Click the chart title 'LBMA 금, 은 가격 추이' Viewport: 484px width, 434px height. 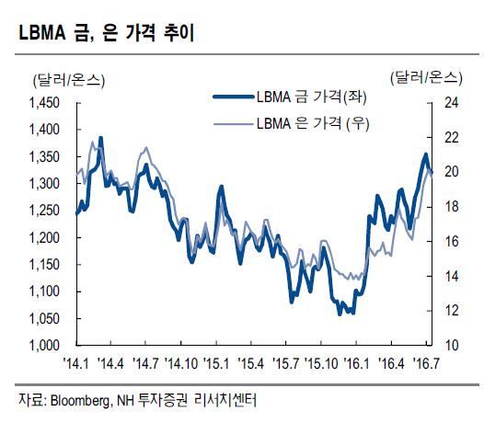pyautogui.click(x=107, y=33)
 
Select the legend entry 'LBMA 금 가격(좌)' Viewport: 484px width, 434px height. pyautogui.click(x=312, y=97)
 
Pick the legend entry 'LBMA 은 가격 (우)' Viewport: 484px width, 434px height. pyautogui.click(x=313, y=124)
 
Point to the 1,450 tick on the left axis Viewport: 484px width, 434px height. pyautogui.click(x=44, y=103)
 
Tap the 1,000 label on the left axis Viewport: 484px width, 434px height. pyautogui.click(x=44, y=345)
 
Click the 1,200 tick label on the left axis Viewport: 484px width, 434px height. pyautogui.click(x=44, y=237)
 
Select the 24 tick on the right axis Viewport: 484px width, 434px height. pyautogui.click(x=451, y=103)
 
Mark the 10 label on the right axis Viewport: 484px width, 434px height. pyautogui.click(x=451, y=345)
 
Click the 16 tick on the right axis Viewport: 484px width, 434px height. pyautogui.click(x=451, y=241)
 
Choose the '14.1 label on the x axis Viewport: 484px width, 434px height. pyautogui.click(x=75, y=364)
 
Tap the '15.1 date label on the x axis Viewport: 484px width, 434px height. pyautogui.click(x=216, y=364)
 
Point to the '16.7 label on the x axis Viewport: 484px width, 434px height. pyautogui.click(x=427, y=364)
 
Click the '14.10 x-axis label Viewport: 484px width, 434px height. pyautogui.click(x=181, y=364)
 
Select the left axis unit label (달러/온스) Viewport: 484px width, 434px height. pyautogui.click(x=69, y=81)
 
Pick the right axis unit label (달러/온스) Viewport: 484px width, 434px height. pyautogui.click(x=426, y=78)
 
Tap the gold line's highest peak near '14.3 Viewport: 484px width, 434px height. pyautogui.click(x=100, y=138)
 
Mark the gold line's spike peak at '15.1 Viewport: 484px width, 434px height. pyautogui.click(x=221, y=187)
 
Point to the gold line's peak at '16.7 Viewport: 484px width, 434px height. pyautogui.click(x=426, y=154)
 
